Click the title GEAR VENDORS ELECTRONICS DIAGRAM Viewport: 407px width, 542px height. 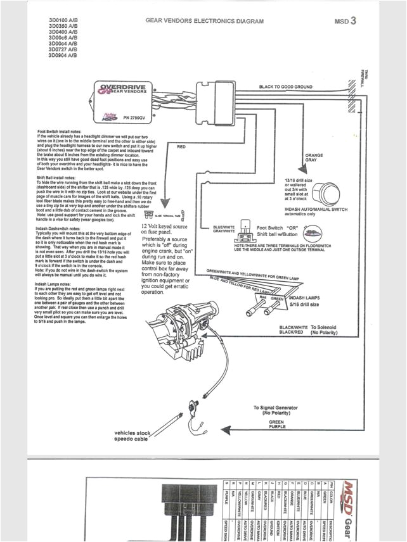point(204,21)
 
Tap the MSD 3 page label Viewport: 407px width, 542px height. point(345,21)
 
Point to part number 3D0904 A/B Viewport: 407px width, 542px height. point(63,55)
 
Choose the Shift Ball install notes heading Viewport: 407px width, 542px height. point(58,179)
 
